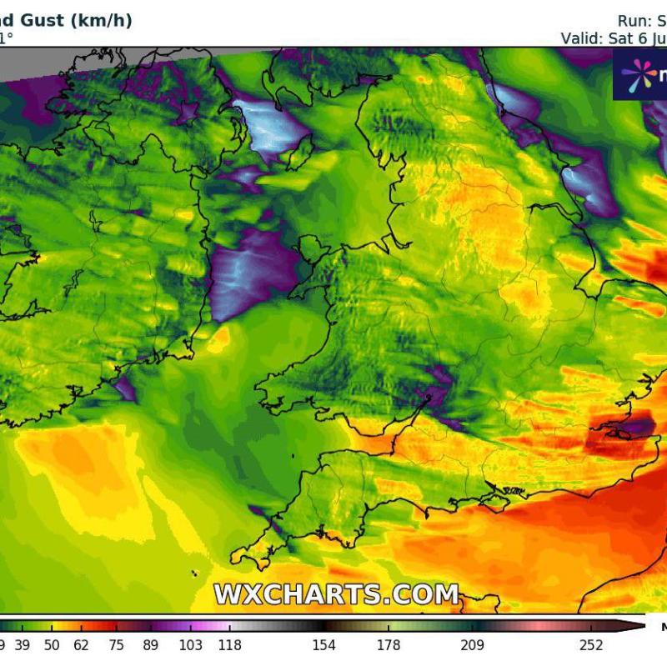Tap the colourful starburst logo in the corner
point(639,75)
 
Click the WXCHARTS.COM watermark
point(337,594)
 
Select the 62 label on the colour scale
point(81,645)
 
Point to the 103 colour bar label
point(189,645)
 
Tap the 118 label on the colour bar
point(229,645)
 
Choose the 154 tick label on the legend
point(323,645)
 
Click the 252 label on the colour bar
point(590,645)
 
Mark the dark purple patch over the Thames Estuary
point(621,429)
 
